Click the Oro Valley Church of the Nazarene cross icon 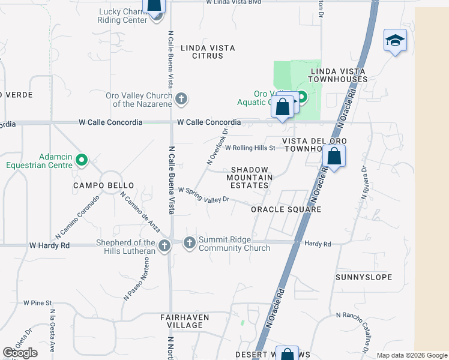pos(181,98)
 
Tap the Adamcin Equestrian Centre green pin pos(83,160)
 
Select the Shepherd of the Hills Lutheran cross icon pos(164,245)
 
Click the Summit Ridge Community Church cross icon pos(189,242)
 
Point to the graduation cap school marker pos(395,40)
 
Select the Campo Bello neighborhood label pos(103,186)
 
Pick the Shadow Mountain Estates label pos(249,178)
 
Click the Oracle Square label pos(286,209)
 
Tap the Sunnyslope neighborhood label pos(364,277)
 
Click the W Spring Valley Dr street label pos(203,196)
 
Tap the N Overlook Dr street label pos(218,146)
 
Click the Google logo pos(20,353)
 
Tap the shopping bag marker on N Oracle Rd pos(333,158)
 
